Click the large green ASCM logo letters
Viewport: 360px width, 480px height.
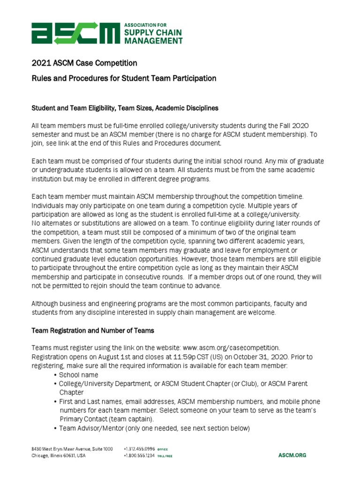75,33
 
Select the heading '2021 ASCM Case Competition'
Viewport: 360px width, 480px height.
84,63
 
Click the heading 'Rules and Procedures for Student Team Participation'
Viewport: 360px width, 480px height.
124,78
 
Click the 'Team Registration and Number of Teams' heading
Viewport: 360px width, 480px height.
92,330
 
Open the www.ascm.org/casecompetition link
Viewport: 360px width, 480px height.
230,348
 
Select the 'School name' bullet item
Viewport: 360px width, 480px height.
78,375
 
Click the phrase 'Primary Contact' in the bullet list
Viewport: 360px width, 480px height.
82,419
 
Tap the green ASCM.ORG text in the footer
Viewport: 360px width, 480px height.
292,455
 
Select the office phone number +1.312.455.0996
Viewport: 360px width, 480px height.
139,449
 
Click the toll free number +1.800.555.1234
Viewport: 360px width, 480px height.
139,456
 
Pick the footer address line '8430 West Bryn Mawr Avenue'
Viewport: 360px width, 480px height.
61,449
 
